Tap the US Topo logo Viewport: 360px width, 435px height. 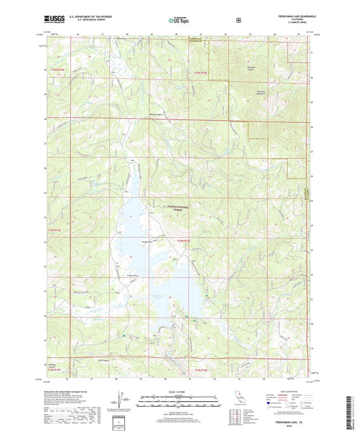179,20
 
